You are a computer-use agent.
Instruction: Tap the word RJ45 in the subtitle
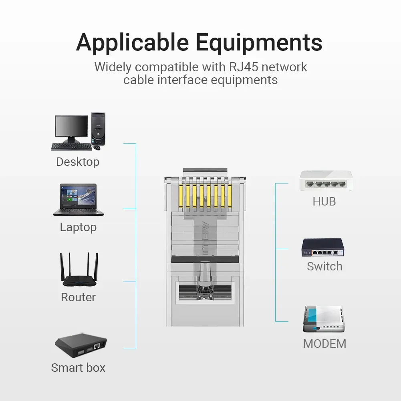(x=243, y=67)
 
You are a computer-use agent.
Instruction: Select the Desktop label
(x=78, y=162)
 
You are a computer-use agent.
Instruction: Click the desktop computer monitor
(x=71, y=129)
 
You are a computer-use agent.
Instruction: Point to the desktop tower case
(x=98, y=129)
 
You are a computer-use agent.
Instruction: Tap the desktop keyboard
(x=71, y=147)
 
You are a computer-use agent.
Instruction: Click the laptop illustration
(x=78, y=200)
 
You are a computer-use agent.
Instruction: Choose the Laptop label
(x=78, y=227)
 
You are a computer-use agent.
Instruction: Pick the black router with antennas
(x=79, y=270)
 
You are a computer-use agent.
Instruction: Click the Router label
(x=78, y=297)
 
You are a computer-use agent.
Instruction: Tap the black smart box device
(x=81, y=345)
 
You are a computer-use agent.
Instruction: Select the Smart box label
(x=78, y=368)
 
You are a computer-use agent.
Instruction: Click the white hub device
(x=326, y=181)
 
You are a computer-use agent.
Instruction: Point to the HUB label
(x=324, y=202)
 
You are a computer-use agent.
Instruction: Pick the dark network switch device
(x=323, y=247)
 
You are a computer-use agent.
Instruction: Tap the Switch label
(x=324, y=266)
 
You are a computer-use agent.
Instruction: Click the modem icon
(x=324, y=319)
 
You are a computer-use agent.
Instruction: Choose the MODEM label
(x=324, y=344)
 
